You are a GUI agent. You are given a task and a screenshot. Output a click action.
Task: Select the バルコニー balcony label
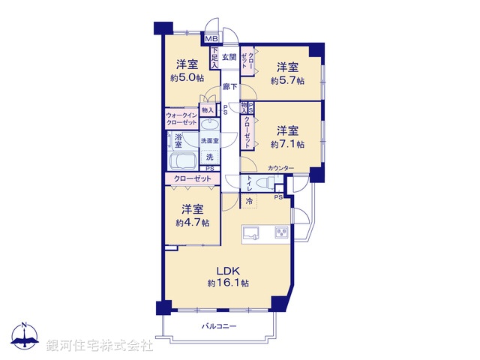(219, 326)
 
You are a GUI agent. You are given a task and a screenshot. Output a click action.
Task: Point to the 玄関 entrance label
(229, 58)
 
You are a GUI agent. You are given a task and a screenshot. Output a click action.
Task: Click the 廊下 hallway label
(230, 87)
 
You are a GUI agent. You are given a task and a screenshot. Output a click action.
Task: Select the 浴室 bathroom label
(178, 139)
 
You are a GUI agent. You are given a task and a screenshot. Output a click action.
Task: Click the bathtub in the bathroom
(182, 162)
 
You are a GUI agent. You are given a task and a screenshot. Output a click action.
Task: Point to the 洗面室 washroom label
(209, 140)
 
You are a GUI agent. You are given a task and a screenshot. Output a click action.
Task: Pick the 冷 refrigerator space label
(248, 201)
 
